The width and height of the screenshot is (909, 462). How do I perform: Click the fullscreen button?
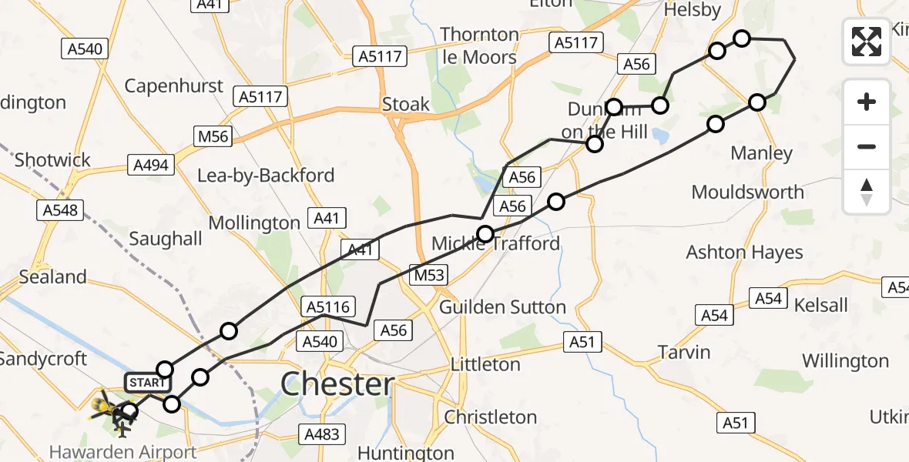(867, 41)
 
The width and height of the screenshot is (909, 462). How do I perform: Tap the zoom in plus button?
(867, 102)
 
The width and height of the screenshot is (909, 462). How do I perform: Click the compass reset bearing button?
(867, 192)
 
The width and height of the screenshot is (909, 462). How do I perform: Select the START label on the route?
(146, 383)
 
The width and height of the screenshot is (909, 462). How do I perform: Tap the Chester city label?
(337, 383)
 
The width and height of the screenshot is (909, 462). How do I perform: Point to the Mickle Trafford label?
(495, 244)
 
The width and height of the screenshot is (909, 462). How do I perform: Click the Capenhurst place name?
(174, 86)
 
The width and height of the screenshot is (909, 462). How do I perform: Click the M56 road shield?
(213, 136)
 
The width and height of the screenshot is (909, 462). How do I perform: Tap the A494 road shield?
(151, 164)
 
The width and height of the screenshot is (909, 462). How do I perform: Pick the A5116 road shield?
(327, 306)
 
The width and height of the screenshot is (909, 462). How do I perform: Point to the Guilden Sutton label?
(502, 307)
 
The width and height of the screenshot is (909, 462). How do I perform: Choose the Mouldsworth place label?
(747, 192)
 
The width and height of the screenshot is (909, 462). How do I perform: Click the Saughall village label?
(166, 239)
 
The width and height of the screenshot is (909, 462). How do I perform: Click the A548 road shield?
(61, 209)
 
